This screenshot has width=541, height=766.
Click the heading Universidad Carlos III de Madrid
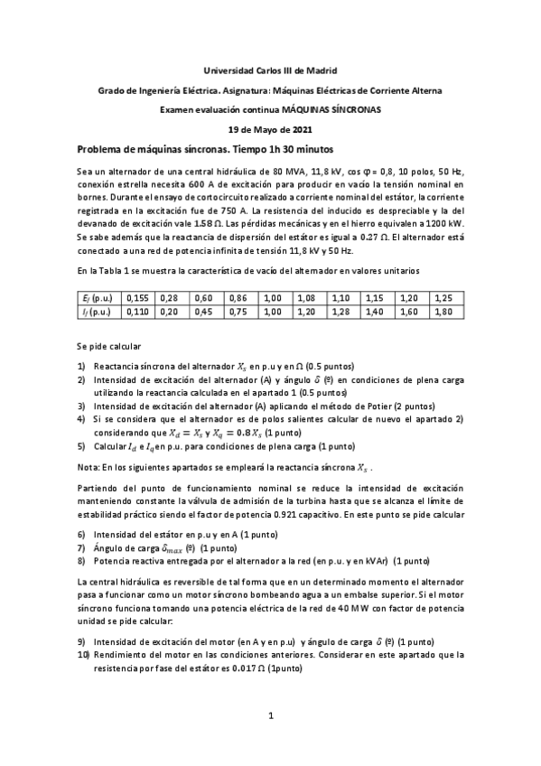270,70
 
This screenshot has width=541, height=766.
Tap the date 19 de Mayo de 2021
270,129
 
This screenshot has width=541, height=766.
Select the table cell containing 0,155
138,297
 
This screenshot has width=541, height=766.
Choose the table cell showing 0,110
138,312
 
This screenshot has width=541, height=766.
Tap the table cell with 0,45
204,312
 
